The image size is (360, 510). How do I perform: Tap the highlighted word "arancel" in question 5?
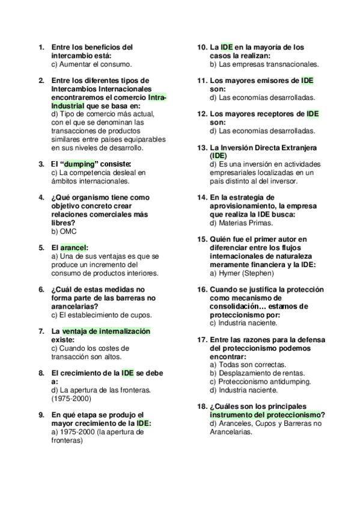click(x=73, y=247)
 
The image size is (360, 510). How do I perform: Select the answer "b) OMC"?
click(x=64, y=230)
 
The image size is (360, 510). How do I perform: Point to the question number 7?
click(x=41, y=331)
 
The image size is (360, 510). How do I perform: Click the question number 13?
click(x=203, y=147)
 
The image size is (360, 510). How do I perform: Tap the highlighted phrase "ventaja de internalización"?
click(x=106, y=331)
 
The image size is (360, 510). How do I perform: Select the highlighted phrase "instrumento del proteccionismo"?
click(x=265, y=414)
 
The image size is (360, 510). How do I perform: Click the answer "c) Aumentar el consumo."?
click(x=91, y=63)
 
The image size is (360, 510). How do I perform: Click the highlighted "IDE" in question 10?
click(x=227, y=46)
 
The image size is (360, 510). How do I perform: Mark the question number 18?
click(x=203, y=406)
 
